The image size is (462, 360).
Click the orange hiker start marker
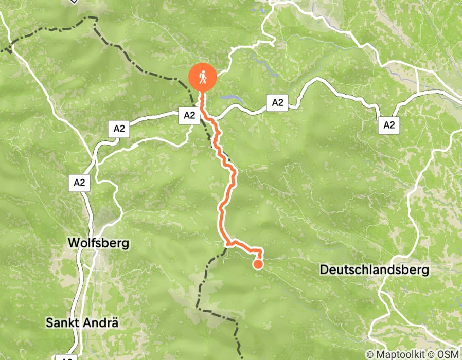[x=202, y=78]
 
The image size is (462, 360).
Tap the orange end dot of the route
[x=258, y=264]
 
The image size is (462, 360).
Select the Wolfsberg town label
[x=98, y=243]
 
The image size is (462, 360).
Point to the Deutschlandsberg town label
[x=374, y=270]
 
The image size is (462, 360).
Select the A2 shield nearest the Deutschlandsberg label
[x=388, y=124]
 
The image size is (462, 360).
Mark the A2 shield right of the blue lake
[x=277, y=103]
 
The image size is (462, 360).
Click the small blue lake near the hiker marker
[x=229, y=96]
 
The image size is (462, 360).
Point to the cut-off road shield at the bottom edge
[x=65, y=357]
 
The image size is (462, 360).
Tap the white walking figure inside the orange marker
[x=202, y=77]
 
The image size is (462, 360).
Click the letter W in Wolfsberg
[x=73, y=243]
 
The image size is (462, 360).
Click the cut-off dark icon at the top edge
[x=74, y=1]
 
